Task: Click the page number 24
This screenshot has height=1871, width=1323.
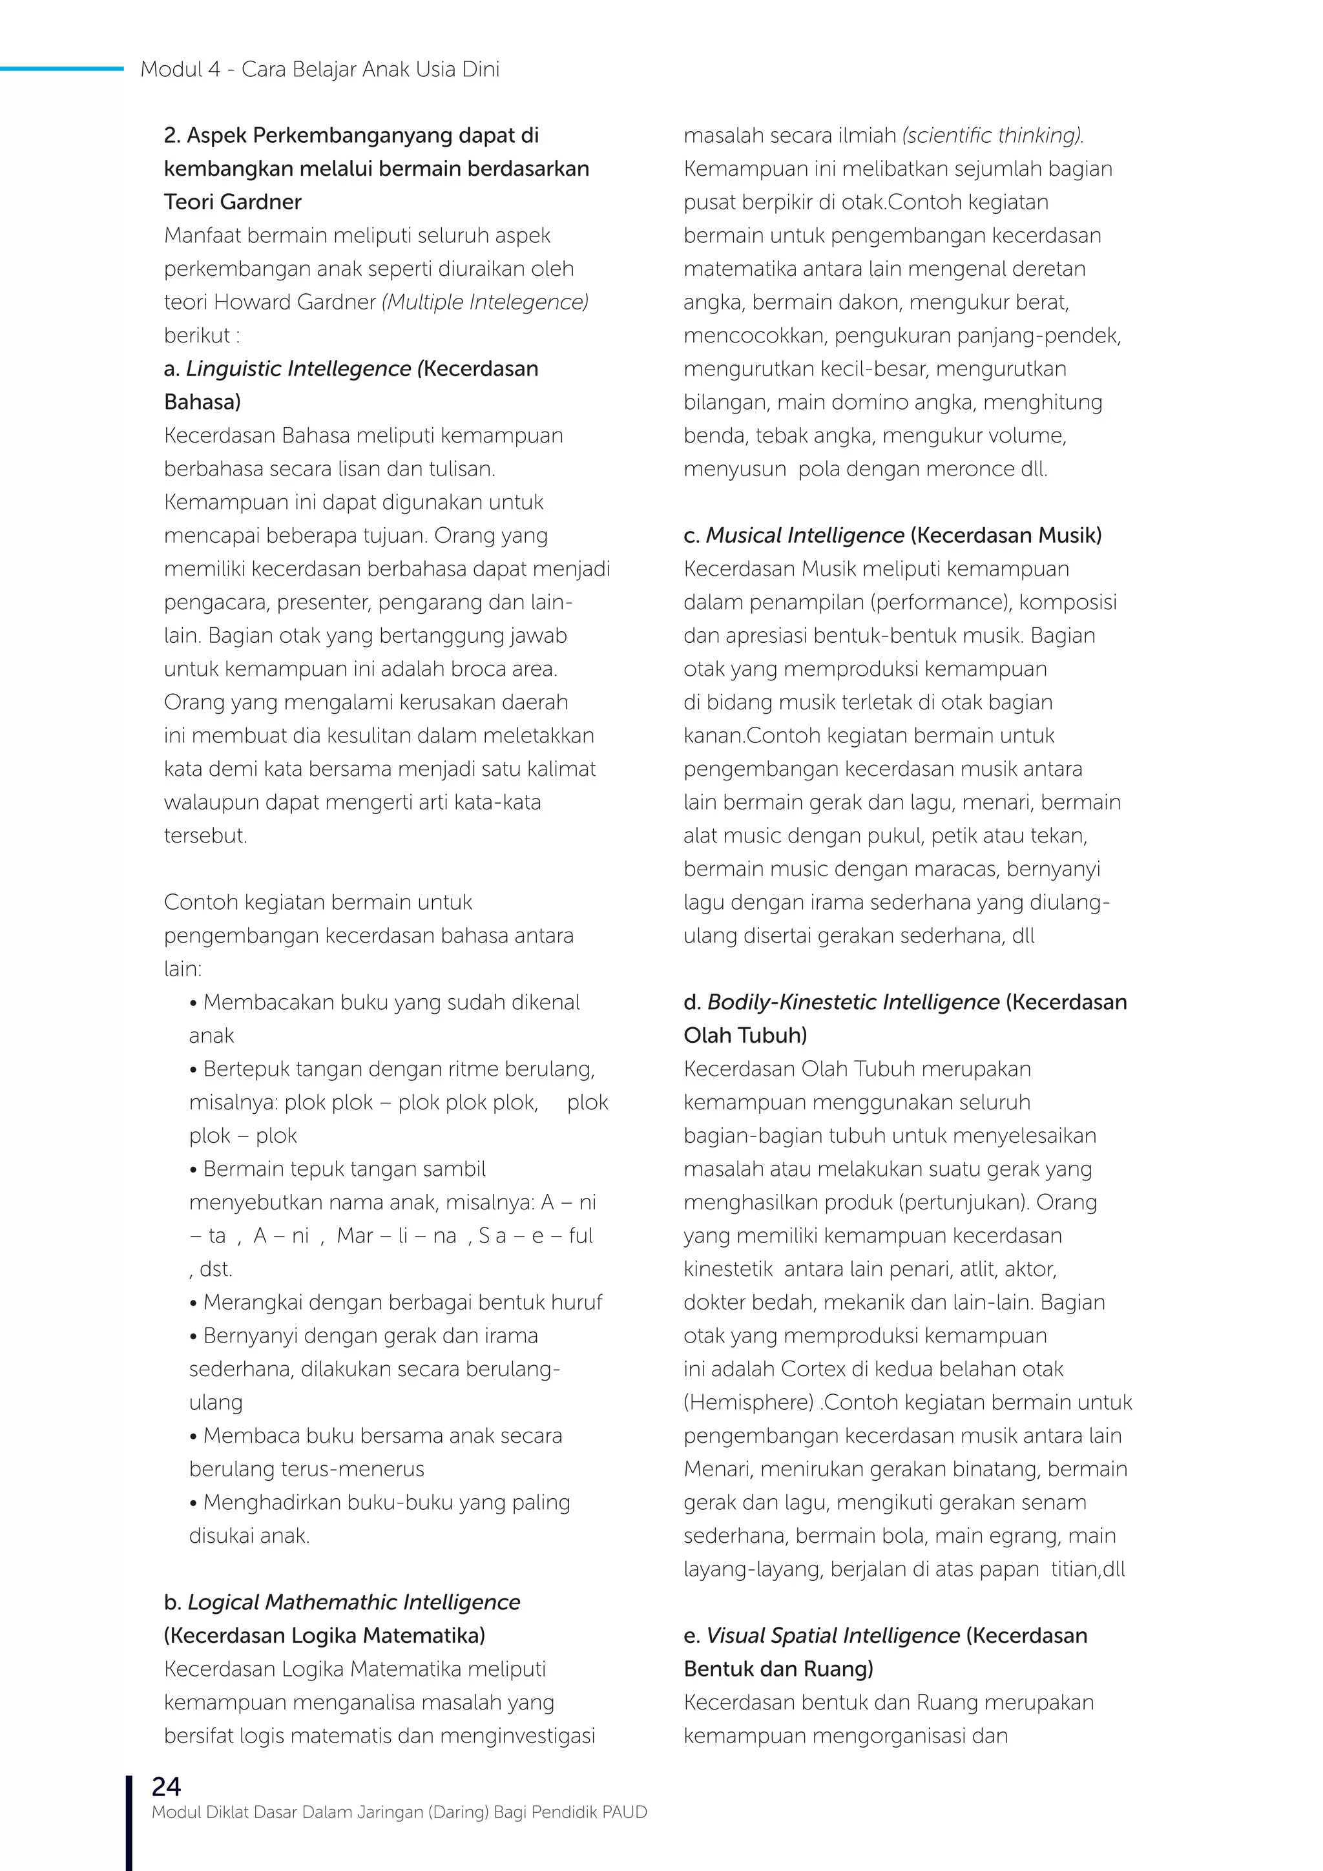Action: click(x=166, y=1787)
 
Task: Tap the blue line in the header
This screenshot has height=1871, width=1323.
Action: click(x=61, y=69)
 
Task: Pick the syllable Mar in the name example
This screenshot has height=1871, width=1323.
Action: click(x=355, y=1236)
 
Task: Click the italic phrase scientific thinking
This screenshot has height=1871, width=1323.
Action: click(x=993, y=135)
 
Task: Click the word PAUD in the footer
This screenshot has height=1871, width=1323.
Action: click(x=624, y=1812)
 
